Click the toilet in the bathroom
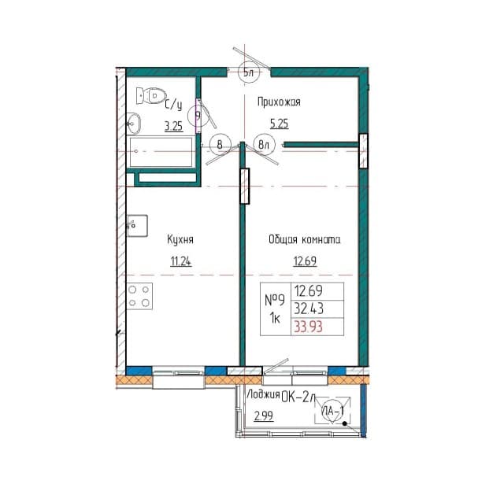tap(150, 95)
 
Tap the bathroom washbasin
tap(133, 124)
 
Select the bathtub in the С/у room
tap(161, 152)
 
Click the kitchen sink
tap(137, 226)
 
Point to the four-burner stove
tap(139, 296)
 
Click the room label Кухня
tap(180, 240)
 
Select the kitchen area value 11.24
tap(180, 261)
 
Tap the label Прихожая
tap(279, 102)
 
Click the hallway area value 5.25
tap(279, 124)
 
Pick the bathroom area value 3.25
tap(173, 126)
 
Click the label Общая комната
tap(305, 240)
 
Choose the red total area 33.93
tap(309, 327)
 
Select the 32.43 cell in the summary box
tap(309, 309)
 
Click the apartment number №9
tap(275, 300)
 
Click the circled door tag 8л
tap(264, 145)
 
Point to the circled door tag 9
tap(198, 116)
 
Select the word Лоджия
tap(263, 395)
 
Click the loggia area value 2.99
tap(264, 416)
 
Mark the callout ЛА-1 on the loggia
tap(332, 411)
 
